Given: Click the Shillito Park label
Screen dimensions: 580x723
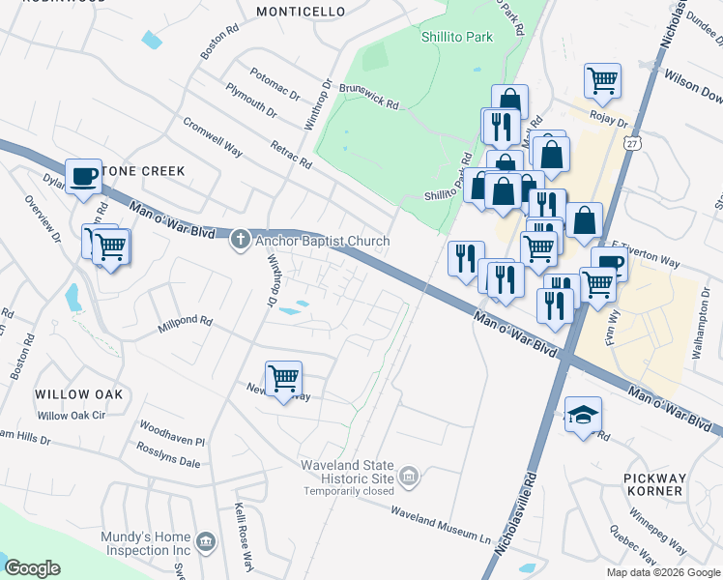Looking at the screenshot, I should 456,38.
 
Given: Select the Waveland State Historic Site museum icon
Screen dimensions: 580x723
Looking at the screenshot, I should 409,476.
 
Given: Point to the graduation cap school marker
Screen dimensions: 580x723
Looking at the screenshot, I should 583,415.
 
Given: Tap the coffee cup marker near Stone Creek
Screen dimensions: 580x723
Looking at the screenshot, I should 84,177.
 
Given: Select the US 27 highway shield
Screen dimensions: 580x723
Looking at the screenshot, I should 631,143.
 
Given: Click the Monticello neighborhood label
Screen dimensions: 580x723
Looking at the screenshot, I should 301,12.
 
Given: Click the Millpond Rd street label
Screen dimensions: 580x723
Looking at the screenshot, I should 185,325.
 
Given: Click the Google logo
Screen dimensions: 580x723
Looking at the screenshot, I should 33,568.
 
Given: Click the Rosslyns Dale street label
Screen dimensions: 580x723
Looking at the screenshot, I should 168,462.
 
